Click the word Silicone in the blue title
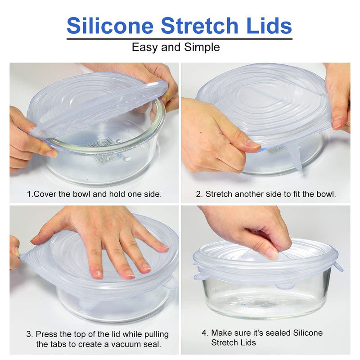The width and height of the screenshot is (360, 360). [110, 26]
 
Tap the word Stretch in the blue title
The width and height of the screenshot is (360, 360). [199, 26]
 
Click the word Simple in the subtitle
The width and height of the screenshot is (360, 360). [202, 48]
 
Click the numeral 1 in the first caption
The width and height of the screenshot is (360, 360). [29, 194]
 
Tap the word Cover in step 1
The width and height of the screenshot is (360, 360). [45, 194]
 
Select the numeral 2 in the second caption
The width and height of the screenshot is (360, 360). [199, 194]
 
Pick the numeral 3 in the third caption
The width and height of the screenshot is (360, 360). [29, 334]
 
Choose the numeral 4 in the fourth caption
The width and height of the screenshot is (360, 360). [204, 333]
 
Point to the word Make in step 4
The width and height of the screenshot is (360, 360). [221, 333]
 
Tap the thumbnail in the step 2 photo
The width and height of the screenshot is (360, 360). [253, 144]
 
